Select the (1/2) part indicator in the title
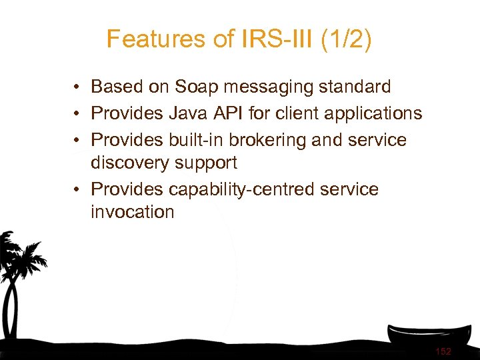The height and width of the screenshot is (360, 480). (x=345, y=39)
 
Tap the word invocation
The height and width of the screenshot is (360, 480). (x=132, y=212)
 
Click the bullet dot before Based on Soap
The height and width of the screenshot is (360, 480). (x=78, y=87)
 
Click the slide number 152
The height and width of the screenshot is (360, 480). (x=443, y=351)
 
